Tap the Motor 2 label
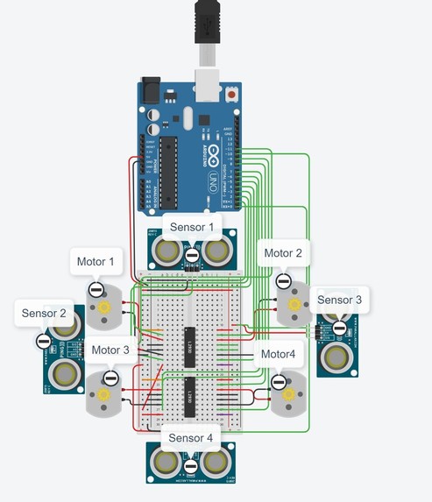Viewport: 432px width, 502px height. click(x=283, y=253)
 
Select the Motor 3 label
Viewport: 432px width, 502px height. click(x=110, y=350)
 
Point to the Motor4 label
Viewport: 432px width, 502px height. click(x=280, y=355)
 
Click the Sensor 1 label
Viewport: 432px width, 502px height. click(x=192, y=227)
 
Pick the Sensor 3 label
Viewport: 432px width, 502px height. click(x=339, y=300)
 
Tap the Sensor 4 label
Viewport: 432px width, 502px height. click(x=190, y=437)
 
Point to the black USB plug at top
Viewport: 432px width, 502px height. click(x=207, y=21)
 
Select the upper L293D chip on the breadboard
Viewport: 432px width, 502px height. click(x=189, y=344)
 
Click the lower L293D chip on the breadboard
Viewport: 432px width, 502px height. click(x=189, y=396)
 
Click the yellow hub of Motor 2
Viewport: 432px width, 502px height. click(x=294, y=304)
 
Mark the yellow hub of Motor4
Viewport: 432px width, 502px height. click(x=287, y=395)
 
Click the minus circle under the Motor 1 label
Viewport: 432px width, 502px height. click(x=96, y=290)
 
